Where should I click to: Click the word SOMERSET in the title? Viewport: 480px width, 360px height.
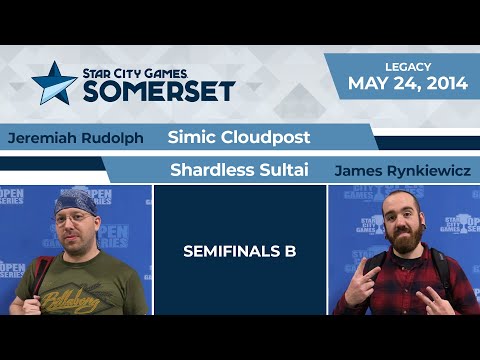pos(159,91)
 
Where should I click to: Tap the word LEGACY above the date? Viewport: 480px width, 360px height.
pos(408,66)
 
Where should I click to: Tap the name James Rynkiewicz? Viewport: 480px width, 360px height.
pos(401,171)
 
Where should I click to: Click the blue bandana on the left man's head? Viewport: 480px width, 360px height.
pos(75,202)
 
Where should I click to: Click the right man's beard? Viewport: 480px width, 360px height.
pos(400,245)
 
